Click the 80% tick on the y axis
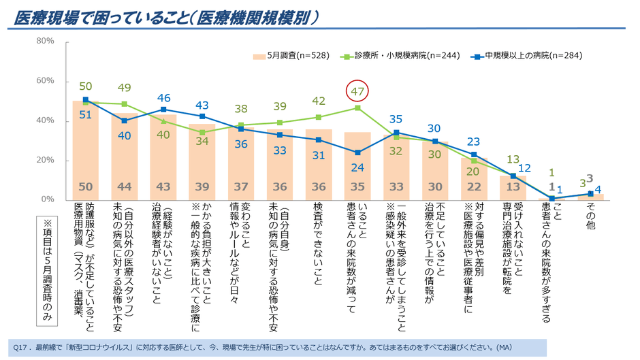(x=45, y=41)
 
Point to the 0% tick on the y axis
(x=47, y=200)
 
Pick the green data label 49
(x=125, y=88)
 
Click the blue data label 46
(x=163, y=97)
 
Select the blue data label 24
(x=357, y=167)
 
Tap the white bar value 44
(x=125, y=186)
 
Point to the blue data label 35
(x=396, y=118)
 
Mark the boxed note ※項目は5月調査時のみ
(x=48, y=269)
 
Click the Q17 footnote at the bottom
(x=272, y=346)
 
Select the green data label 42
(x=319, y=101)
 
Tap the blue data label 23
(x=475, y=142)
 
